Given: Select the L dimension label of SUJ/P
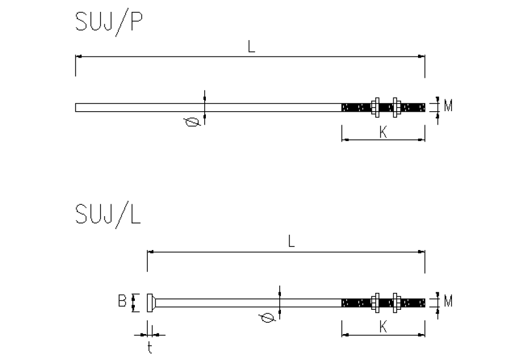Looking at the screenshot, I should (x=251, y=47).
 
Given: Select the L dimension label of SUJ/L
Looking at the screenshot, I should (x=291, y=242).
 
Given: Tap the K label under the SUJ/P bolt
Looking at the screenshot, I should (x=383, y=132).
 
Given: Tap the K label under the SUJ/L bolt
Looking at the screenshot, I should (x=383, y=327).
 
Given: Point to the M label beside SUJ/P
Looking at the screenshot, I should (x=448, y=106).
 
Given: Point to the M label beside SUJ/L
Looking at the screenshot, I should (x=448, y=301).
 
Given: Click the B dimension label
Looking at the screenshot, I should (x=122, y=301).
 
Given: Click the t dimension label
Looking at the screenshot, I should (x=150, y=348).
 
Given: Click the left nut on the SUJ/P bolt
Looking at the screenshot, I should (x=375, y=107).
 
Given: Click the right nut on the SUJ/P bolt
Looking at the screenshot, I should (x=396, y=107).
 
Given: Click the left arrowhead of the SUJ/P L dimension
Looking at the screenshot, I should (x=78, y=56).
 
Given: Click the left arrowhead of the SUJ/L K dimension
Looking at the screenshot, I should (x=345, y=335).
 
